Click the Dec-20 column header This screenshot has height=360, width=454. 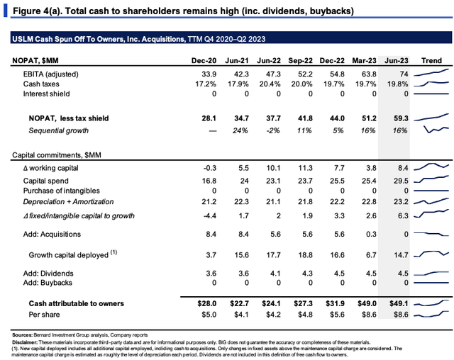click(204, 60)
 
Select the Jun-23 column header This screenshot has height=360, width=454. click(396, 60)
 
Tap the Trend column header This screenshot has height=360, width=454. click(431, 60)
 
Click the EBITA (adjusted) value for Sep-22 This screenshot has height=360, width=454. click(305, 74)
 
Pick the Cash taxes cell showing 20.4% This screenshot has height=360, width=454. click(270, 84)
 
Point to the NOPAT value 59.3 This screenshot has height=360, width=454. click(401, 118)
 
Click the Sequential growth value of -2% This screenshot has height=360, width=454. click(272, 130)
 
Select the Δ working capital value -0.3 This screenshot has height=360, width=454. click(210, 168)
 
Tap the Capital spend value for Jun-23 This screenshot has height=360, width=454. click(401, 181)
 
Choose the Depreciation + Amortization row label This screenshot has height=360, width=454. click(68, 201)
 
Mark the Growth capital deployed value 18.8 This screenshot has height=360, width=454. click(305, 254)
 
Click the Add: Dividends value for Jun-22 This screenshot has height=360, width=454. click(275, 274)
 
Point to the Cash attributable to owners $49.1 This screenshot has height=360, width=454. click(399, 303)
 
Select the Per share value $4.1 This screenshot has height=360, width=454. click(241, 315)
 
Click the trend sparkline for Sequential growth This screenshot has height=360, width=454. click(436, 129)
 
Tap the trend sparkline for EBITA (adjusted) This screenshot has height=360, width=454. click(431, 72)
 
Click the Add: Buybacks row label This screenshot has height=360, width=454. click(48, 283)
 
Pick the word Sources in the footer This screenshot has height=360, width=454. click(22, 335)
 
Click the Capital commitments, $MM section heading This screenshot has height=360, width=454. click(57, 155)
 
